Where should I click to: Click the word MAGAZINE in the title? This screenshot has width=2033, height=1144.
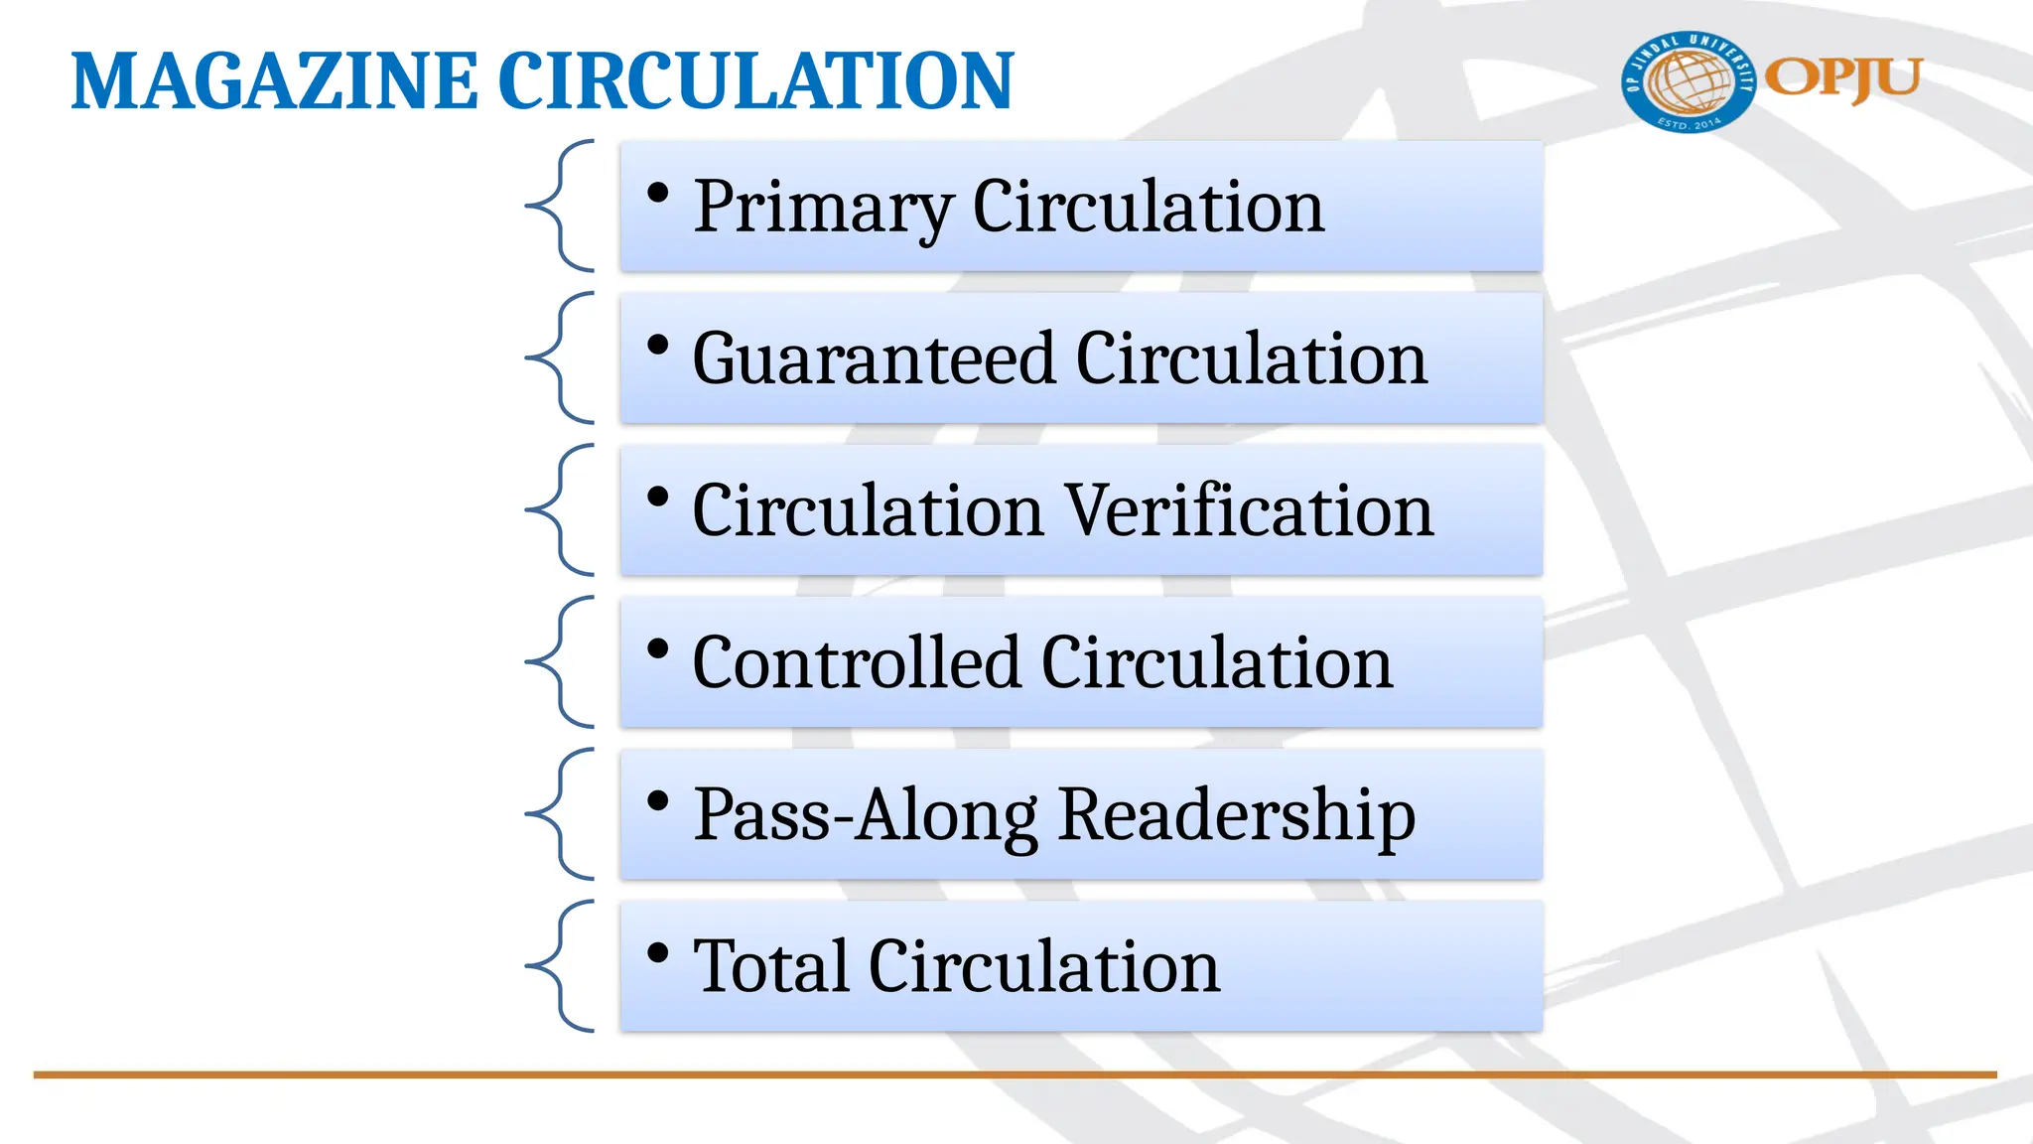274,81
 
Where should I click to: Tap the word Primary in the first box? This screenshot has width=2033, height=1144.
823,207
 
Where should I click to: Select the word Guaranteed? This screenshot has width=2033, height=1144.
874,358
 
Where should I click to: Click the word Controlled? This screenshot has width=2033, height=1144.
856,662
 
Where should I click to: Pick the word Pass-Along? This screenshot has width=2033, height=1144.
866,815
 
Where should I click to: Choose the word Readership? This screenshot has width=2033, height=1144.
1237,815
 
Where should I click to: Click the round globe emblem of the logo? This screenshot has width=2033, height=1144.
1689,81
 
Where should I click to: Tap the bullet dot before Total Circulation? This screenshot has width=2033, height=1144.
657,953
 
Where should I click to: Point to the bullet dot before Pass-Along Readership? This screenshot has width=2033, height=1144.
657,801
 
